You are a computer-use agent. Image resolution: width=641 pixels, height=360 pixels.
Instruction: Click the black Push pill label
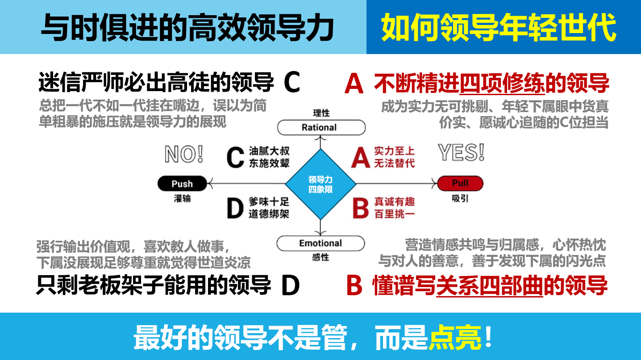click(182, 184)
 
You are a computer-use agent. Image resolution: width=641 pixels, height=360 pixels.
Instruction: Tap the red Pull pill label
click(460, 183)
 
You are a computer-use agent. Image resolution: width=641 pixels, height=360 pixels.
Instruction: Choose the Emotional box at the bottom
click(320, 243)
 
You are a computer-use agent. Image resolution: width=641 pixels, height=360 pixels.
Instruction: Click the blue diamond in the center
click(320, 184)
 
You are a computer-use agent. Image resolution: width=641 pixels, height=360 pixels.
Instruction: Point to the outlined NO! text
click(184, 154)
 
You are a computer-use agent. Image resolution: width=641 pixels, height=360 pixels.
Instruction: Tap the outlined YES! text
click(461, 153)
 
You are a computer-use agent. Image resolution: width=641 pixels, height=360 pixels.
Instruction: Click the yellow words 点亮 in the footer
click(455, 337)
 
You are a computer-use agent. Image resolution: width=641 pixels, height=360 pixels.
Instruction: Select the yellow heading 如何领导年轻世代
click(499, 28)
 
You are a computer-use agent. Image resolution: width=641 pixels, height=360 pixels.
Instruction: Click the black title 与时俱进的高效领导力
click(187, 28)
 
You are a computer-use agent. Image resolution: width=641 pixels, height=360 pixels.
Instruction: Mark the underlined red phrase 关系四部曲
click(489, 285)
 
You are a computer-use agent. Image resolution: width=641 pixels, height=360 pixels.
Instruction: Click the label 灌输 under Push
click(182, 198)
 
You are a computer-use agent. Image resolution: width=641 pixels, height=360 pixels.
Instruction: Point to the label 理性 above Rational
click(321, 113)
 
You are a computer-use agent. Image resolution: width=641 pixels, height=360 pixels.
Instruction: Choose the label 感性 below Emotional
click(320, 257)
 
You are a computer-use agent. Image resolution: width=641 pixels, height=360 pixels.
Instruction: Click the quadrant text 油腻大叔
click(269, 151)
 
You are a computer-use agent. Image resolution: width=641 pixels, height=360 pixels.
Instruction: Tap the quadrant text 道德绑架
click(269, 214)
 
